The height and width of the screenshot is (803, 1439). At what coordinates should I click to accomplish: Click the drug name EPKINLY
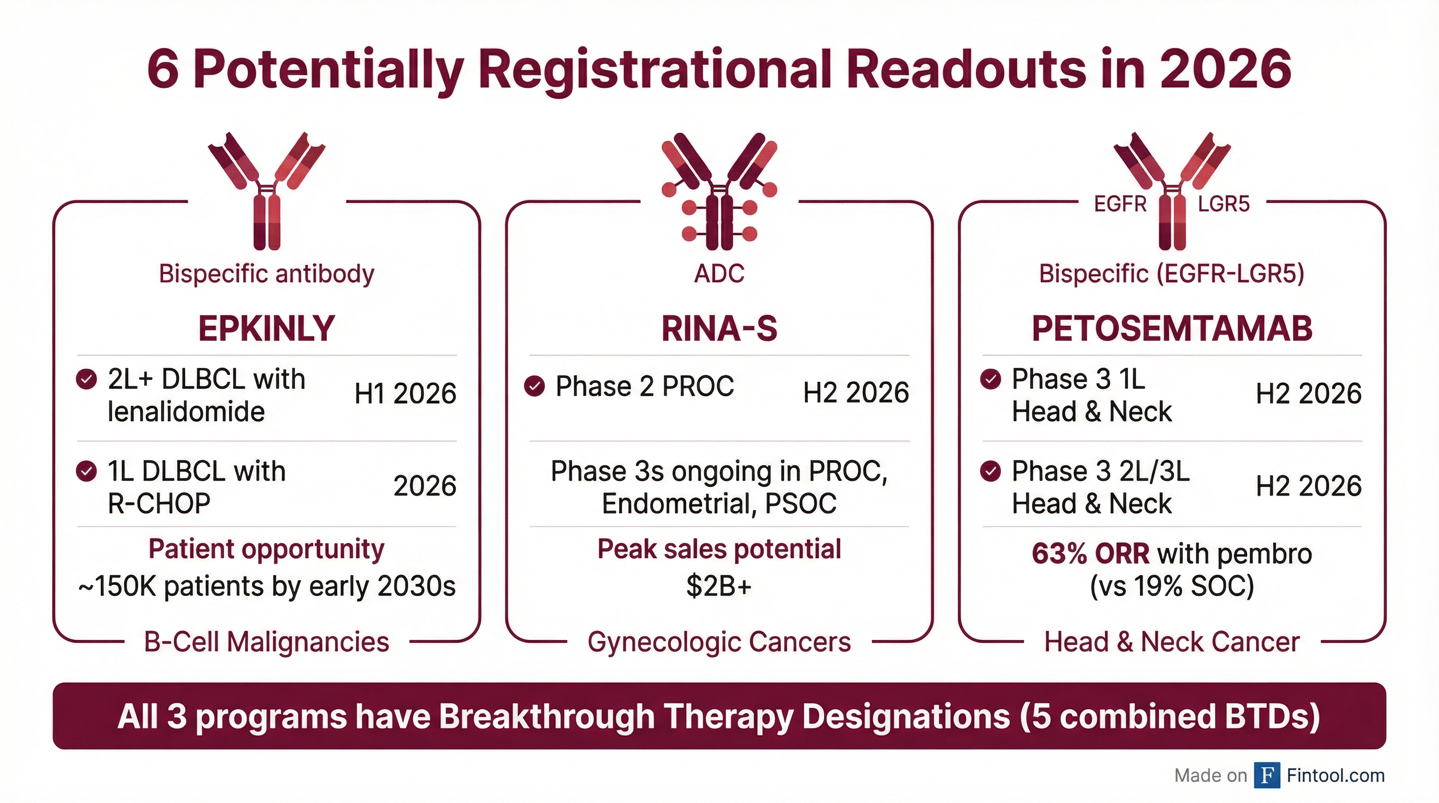(267, 328)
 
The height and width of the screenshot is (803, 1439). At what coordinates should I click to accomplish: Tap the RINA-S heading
(719, 328)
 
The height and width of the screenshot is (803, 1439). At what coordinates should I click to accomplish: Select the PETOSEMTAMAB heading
(1171, 328)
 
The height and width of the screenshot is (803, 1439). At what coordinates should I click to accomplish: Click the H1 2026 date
(405, 394)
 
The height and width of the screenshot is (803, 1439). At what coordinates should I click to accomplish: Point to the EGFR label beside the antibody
(1120, 204)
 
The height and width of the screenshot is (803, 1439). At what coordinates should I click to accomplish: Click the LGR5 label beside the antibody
(1224, 204)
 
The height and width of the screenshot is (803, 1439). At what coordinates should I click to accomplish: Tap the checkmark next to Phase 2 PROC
(534, 386)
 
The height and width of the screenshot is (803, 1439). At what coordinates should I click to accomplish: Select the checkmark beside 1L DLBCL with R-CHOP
(86, 472)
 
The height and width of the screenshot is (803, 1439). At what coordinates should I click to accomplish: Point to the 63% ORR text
(1090, 554)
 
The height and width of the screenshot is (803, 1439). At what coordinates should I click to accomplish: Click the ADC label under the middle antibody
(719, 273)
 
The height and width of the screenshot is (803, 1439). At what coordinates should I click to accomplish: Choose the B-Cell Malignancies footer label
(267, 641)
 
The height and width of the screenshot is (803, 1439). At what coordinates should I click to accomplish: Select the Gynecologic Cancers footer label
(719, 641)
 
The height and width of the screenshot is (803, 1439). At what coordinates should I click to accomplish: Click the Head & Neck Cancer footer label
(1171, 641)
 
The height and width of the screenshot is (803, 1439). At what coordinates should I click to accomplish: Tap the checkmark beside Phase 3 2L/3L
(990, 472)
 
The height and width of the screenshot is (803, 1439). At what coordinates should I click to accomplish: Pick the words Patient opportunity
(267, 549)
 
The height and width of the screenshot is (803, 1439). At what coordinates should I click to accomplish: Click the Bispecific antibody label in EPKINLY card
(267, 273)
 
